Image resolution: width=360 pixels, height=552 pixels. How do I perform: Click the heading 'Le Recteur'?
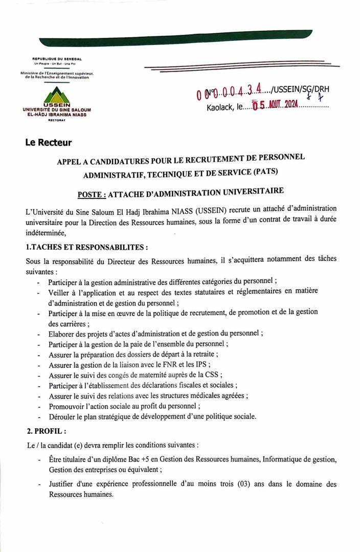tap(49, 143)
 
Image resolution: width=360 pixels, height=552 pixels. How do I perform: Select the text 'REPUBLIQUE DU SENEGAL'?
tap(57, 59)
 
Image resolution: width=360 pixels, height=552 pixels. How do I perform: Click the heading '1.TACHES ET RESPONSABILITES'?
tap(87, 247)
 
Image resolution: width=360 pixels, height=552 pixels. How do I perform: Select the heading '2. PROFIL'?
tap(46, 431)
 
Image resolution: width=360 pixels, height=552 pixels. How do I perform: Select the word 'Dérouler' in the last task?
tap(63, 417)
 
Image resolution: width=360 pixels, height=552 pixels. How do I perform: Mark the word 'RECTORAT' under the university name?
tap(56, 120)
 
